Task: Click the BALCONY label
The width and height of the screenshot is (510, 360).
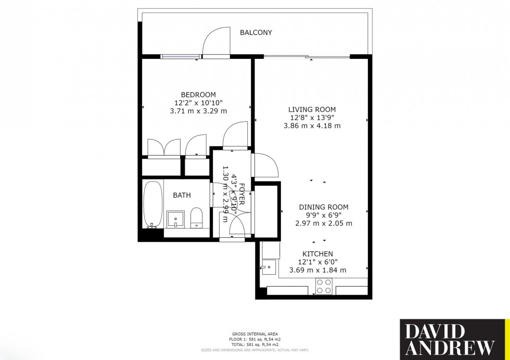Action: [x=256, y=33]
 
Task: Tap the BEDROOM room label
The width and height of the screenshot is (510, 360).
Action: [x=195, y=94]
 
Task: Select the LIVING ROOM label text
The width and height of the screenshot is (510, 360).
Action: [x=312, y=109]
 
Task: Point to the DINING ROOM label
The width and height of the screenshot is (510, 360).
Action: [x=324, y=207]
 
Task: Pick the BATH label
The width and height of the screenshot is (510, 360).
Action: [x=182, y=195]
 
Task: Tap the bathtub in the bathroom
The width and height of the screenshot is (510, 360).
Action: [x=153, y=205]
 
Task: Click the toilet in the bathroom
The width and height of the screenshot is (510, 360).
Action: [x=196, y=217]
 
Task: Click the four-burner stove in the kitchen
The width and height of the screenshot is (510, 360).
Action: [x=325, y=286]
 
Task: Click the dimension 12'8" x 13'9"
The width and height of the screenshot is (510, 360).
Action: [x=312, y=118]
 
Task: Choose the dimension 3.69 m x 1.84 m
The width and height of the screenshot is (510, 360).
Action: [x=322, y=270]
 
